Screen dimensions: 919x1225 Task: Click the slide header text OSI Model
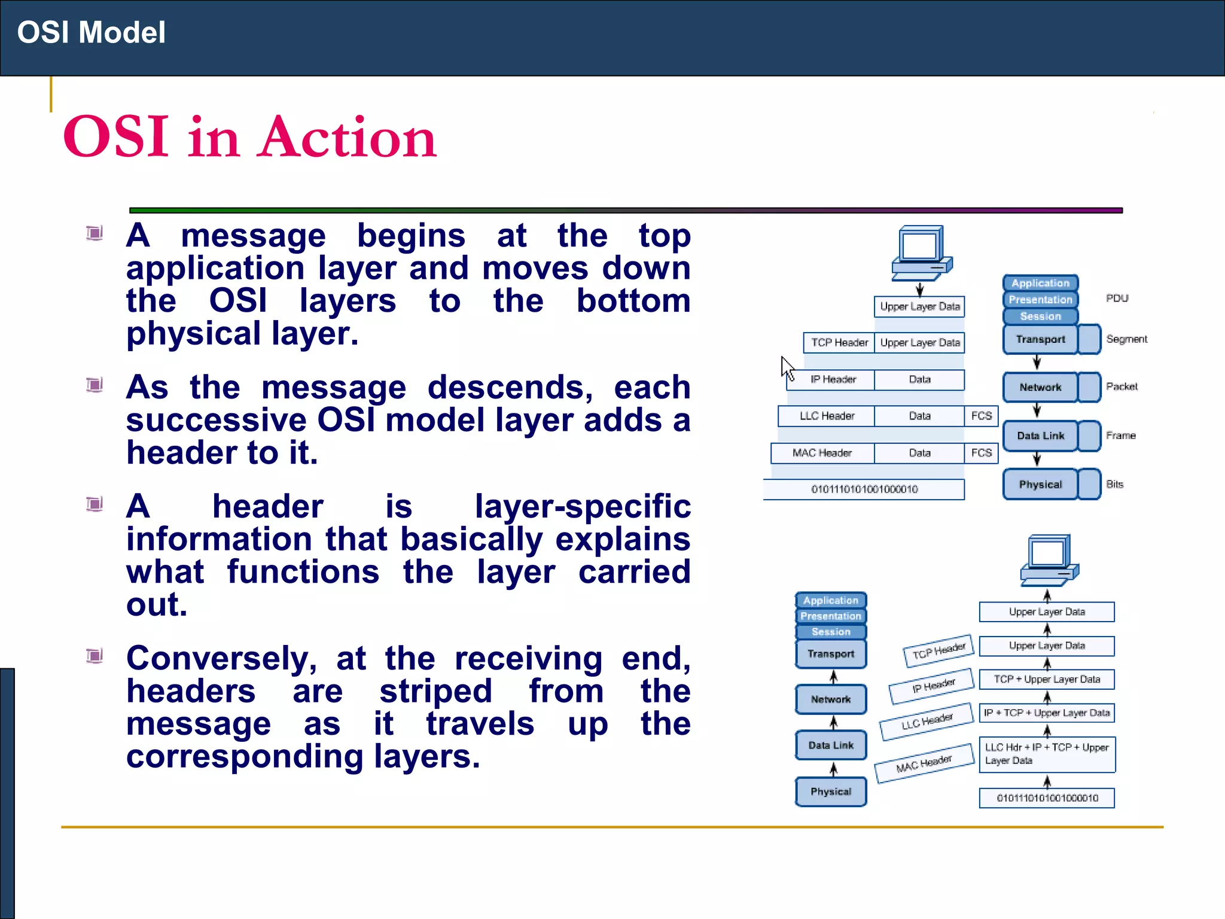(x=91, y=32)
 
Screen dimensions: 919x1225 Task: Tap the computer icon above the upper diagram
(x=921, y=252)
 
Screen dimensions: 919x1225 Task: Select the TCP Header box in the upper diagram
(x=839, y=343)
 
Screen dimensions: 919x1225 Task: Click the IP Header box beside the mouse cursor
(x=833, y=379)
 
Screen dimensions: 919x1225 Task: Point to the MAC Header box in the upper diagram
(x=822, y=453)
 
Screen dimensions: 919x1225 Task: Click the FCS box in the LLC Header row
(x=981, y=416)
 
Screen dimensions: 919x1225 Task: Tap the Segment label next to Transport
(x=1126, y=339)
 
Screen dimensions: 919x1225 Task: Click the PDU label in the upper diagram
(x=1117, y=298)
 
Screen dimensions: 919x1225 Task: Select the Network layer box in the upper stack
(x=1040, y=387)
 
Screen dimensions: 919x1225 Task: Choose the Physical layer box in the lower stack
(x=831, y=792)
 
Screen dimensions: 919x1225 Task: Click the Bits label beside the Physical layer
(x=1114, y=484)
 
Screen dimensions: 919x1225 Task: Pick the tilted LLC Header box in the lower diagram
(x=927, y=722)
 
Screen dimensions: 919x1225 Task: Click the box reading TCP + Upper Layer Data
(x=1047, y=679)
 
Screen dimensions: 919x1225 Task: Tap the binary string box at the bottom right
(x=1047, y=798)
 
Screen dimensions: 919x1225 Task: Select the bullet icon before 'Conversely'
(x=95, y=656)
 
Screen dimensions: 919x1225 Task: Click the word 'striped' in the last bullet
(x=435, y=691)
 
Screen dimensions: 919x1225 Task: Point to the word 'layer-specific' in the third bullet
(x=582, y=506)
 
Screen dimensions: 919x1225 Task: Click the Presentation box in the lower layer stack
(x=831, y=616)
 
